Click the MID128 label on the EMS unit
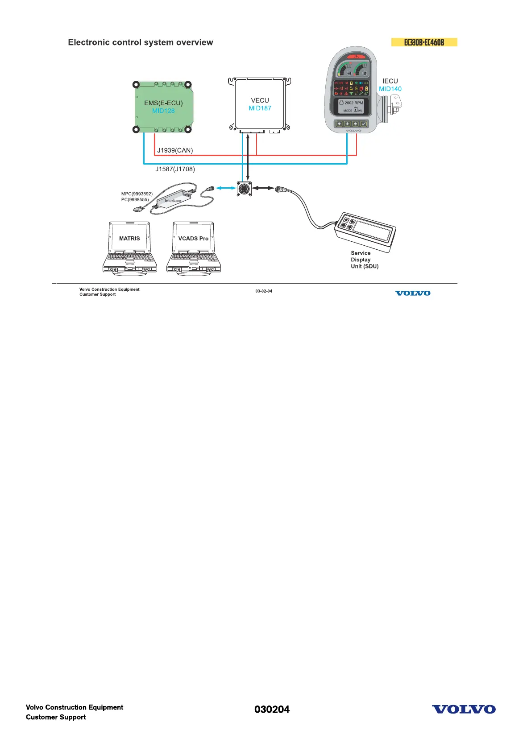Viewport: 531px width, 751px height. [x=163, y=111]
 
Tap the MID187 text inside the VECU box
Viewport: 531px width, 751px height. [x=260, y=108]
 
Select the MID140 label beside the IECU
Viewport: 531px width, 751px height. [x=390, y=89]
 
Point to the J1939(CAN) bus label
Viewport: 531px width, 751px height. [x=175, y=150]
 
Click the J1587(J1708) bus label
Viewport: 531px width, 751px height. [x=175, y=169]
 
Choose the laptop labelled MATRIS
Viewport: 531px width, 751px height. [x=129, y=248]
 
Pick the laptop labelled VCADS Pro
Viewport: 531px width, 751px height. [x=193, y=248]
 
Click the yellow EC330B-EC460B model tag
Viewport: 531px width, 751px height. [x=424, y=42]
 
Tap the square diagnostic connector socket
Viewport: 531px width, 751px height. [x=244, y=188]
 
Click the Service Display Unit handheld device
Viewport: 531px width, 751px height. [x=365, y=232]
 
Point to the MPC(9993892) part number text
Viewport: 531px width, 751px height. [x=137, y=194]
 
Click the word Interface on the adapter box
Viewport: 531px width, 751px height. [x=173, y=201]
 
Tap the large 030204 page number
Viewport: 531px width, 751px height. [x=272, y=710]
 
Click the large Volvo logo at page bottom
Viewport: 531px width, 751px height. [x=464, y=710]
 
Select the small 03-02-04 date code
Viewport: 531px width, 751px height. [x=264, y=291]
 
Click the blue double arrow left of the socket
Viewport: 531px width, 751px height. [x=226, y=188]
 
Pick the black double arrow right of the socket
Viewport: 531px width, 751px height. [x=263, y=188]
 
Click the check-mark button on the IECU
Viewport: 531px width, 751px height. [x=364, y=124]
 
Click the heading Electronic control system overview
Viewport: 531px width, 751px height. [x=141, y=42]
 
